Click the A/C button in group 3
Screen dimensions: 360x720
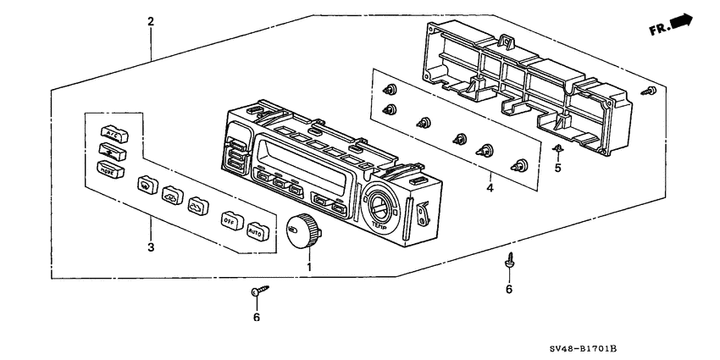(x=112, y=132)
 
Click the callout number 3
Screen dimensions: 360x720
(x=151, y=247)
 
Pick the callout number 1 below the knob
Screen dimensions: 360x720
(x=309, y=268)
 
